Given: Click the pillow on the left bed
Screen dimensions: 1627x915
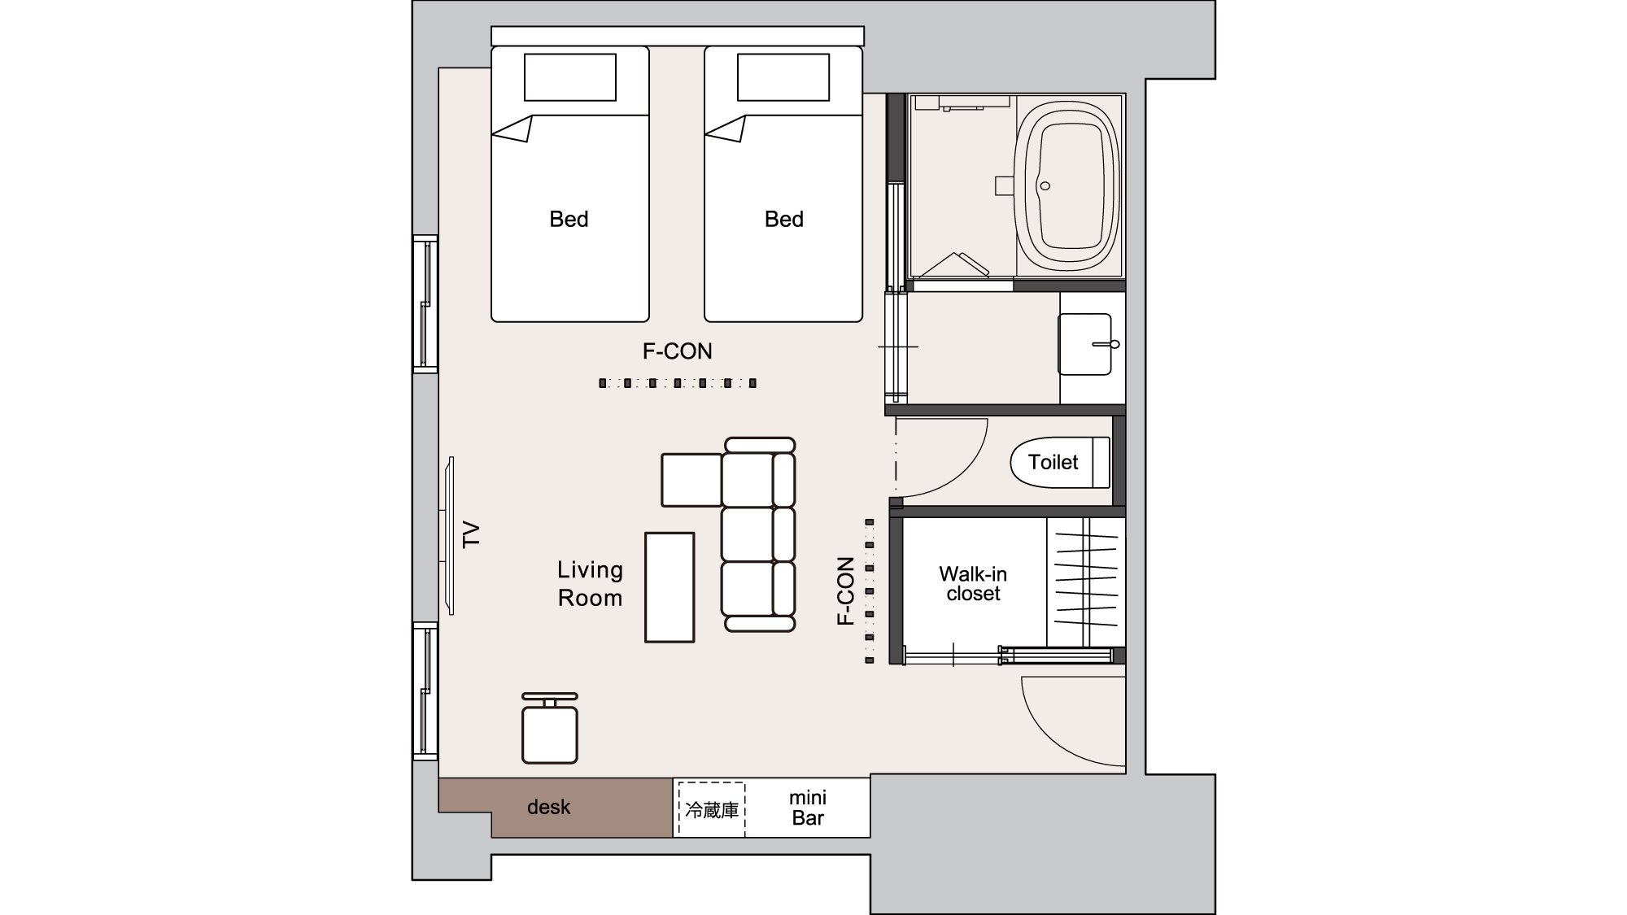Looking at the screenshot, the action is point(569,77).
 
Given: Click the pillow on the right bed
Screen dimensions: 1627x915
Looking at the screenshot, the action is point(783,77).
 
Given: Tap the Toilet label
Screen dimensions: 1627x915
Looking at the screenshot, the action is point(1053,462).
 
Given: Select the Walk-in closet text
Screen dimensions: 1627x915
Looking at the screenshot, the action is point(973,584).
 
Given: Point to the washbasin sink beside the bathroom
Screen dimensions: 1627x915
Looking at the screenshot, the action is point(1085,345).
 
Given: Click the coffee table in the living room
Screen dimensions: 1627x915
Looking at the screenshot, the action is point(670,587).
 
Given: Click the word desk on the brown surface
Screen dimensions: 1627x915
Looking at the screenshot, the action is point(549,807).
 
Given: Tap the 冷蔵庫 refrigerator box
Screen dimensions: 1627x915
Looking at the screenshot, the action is point(712,810).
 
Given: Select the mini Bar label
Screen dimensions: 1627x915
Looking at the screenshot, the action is point(808,808).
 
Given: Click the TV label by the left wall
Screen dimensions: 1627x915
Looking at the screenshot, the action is point(472,535).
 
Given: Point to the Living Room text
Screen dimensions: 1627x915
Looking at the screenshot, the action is point(590,584).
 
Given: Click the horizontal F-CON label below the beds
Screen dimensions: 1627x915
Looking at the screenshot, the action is point(678,351).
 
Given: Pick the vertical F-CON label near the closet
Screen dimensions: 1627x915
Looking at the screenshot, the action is point(846,591).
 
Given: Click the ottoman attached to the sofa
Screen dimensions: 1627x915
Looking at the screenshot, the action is point(691,480).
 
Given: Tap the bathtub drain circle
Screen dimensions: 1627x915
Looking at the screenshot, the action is point(1045,186).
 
